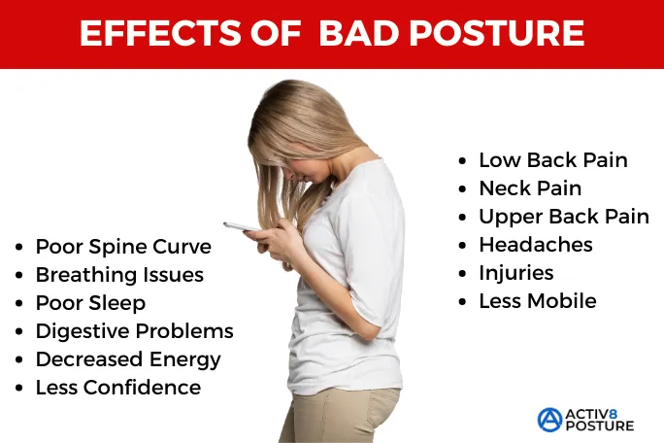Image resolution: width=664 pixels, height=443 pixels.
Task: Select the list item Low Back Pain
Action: point(552,160)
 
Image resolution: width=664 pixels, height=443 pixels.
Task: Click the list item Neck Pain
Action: point(530,188)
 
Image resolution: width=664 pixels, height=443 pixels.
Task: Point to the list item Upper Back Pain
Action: point(563,217)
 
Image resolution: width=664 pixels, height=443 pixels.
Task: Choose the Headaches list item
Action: point(535,245)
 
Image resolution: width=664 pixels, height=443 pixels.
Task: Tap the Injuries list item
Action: point(515,273)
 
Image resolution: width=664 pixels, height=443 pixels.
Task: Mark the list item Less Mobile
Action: point(537,301)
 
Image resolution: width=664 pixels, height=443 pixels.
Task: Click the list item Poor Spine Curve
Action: point(122,247)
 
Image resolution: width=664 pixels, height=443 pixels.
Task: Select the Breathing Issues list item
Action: point(119,275)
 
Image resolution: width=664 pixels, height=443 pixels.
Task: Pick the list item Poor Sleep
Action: point(90,303)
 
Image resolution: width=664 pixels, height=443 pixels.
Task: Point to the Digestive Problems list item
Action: point(134,331)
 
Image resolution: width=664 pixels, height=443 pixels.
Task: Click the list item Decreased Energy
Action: point(128,359)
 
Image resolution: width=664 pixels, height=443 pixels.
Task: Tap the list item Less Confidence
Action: point(117,388)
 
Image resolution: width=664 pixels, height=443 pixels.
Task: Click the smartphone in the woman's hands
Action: point(242,226)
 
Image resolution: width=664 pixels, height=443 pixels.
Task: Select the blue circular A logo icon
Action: point(549,419)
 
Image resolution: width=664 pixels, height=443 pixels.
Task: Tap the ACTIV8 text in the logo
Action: point(599,412)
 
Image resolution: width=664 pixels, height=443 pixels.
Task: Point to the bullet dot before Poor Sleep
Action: point(19,304)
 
